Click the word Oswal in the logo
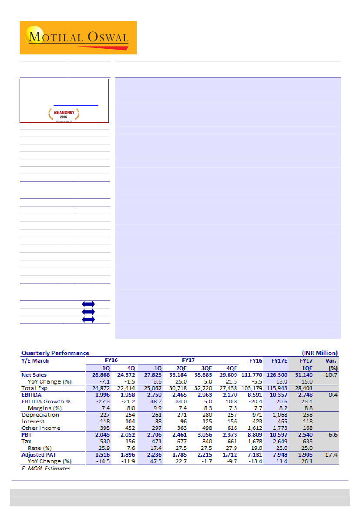tap(107, 37)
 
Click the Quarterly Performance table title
tap(55, 353)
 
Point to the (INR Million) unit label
tap(320, 353)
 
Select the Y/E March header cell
tap(35, 361)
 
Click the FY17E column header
tap(279, 361)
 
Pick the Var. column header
tap(331, 361)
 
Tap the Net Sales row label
tap(34, 375)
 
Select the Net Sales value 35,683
tap(202, 375)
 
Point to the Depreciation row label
tap(40, 415)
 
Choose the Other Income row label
tap(41, 428)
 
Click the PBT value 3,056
tap(202, 435)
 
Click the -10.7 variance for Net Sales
tap(330, 375)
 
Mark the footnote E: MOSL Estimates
tap(46, 469)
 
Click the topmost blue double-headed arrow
tap(88, 304)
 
